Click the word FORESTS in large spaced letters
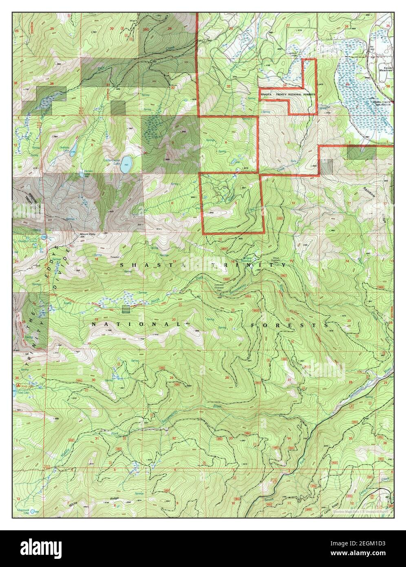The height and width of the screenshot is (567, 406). (x=290, y=325)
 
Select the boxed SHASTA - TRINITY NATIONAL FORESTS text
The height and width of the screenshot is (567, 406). (x=288, y=94)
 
